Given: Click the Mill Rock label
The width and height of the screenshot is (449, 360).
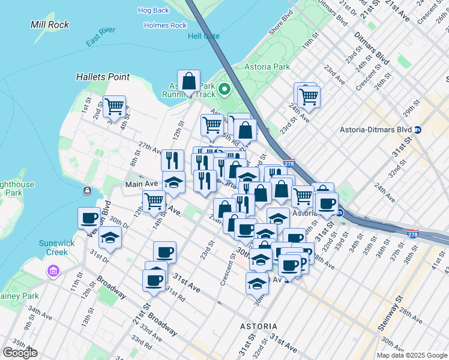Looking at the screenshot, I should click(50, 25).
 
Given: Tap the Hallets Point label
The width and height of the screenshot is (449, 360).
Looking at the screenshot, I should click(103, 77).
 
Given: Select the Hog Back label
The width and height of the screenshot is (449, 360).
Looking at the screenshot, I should click(153, 10).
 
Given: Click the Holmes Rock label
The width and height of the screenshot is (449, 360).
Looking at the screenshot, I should click(166, 25).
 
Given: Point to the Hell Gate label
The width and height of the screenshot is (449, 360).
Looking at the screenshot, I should click(203, 36).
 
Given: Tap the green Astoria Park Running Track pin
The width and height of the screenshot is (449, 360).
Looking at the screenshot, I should click(225, 91).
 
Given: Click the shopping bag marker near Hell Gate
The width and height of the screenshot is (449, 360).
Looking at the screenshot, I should click(189, 81).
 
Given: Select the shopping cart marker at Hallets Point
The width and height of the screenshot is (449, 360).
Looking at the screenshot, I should click(114, 106).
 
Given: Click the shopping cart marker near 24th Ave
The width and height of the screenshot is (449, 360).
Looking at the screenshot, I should click(309, 96).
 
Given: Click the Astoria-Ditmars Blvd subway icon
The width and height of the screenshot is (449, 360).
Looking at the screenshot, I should click(418, 130).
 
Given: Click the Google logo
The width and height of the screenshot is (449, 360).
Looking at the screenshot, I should click(20, 353).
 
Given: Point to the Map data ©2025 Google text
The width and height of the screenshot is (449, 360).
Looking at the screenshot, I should click(411, 355).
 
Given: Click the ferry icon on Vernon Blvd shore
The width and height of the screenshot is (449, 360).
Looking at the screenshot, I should click(88, 191).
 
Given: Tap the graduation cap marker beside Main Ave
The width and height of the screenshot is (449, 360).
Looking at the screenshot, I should click(173, 182).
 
